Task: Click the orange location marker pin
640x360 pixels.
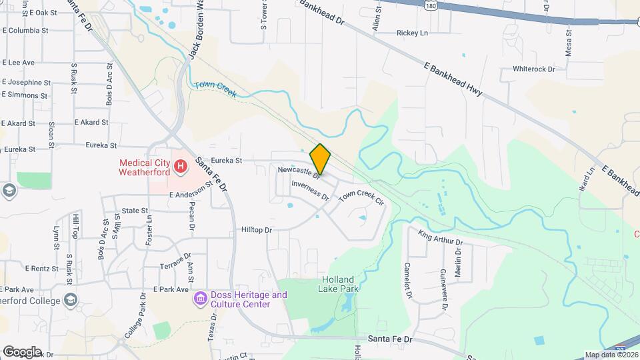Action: tap(320, 159)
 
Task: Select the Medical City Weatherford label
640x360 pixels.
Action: tap(145, 167)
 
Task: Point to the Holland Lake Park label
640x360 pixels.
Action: tap(340, 284)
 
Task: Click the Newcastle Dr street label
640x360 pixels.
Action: tap(299, 172)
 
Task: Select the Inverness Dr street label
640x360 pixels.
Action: tap(310, 191)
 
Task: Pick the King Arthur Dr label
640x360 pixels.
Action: tap(440, 237)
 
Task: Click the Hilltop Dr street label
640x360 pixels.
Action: tap(257, 230)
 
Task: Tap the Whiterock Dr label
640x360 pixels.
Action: tap(533, 69)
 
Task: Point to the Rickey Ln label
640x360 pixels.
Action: tap(412, 33)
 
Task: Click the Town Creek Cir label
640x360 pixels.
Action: tap(361, 197)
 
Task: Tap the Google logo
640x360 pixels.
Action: tap(22, 351)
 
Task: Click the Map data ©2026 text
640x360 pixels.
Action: tap(611, 355)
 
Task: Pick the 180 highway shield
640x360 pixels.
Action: tap(413, 4)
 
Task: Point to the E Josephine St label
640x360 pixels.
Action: tap(27, 83)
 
